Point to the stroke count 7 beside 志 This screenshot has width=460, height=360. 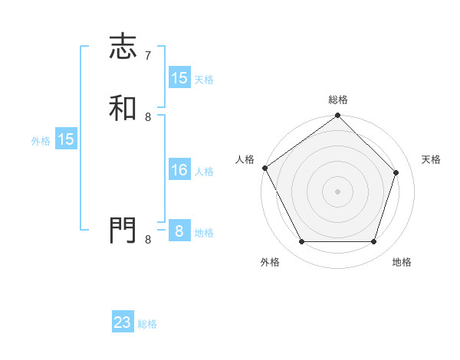coord(148,56)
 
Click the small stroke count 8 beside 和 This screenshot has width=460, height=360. coord(148,116)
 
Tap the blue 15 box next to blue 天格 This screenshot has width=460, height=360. coord(179,78)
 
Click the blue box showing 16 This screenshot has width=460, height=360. coord(179,171)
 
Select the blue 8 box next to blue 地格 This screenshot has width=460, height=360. coord(179,232)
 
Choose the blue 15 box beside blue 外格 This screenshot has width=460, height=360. coord(66,140)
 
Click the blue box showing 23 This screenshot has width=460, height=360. coord(123,323)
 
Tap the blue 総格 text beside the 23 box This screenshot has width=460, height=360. coord(148,324)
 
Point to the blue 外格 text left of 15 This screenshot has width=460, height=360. coord(41,141)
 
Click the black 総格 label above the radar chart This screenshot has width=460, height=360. coord(338,100)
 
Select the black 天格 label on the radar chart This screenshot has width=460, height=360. coord(431,159)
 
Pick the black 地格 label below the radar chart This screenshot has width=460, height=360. coord(402,262)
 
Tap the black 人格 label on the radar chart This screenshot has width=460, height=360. coord(245,159)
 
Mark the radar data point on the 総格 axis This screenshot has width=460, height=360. coord(338,116)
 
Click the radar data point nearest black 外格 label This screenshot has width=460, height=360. coord(301,242)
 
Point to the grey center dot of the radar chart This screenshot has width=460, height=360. coord(338,191)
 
